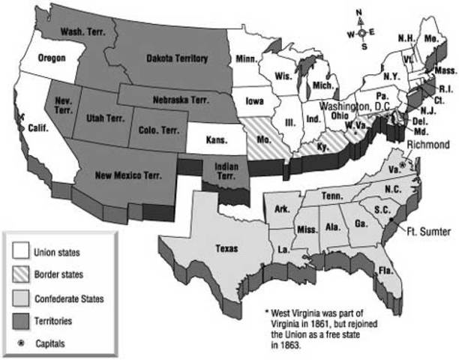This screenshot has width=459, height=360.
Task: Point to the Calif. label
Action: click(x=37, y=128)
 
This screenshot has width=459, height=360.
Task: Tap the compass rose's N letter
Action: click(x=360, y=11)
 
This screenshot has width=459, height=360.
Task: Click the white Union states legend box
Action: click(x=22, y=253)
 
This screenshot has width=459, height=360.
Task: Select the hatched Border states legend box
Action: click(x=22, y=275)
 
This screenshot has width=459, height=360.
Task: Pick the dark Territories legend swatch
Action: click(x=22, y=320)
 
